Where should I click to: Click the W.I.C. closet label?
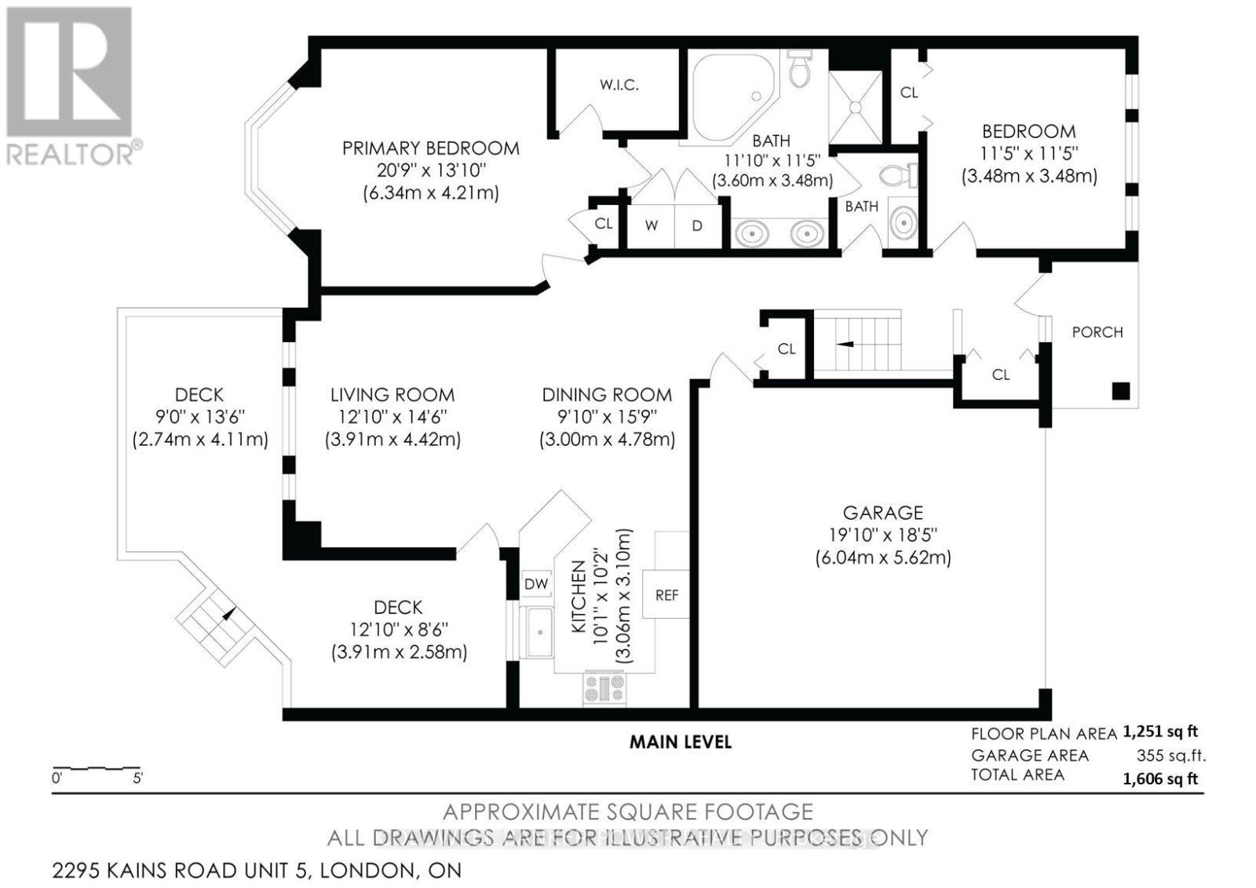(x=619, y=86)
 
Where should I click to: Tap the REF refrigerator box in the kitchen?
(x=666, y=595)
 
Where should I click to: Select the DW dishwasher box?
(x=536, y=584)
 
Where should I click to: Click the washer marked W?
(x=652, y=225)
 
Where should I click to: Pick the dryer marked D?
(x=697, y=225)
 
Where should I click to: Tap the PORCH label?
(x=1097, y=332)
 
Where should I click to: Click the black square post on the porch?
(x=1120, y=390)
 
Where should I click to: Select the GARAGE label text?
(x=882, y=513)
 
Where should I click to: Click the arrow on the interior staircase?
(x=845, y=343)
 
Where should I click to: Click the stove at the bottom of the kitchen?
(x=604, y=689)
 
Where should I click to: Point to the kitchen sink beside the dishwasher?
(x=539, y=632)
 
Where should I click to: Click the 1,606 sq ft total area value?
(x=1160, y=779)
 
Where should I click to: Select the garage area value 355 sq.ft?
(x=1170, y=756)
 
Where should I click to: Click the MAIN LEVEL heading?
(x=680, y=742)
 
